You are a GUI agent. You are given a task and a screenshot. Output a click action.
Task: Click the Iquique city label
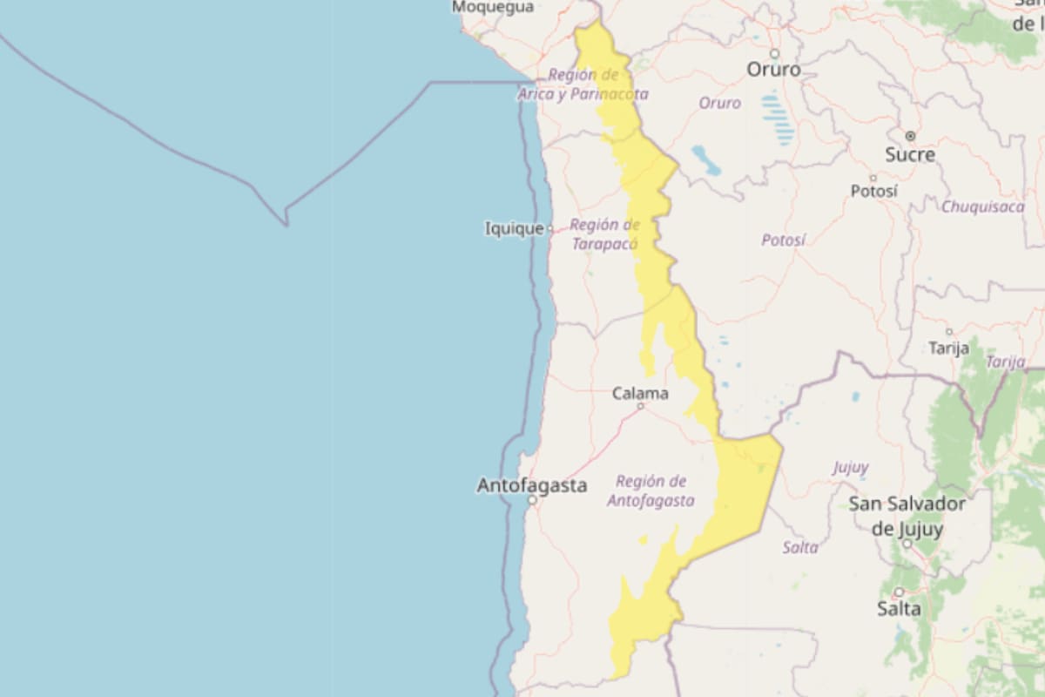(513, 229)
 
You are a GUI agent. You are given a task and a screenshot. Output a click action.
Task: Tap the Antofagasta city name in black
(531, 486)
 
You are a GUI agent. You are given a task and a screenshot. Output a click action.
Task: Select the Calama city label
(640, 394)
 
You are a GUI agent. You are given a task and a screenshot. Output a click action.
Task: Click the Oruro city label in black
(773, 69)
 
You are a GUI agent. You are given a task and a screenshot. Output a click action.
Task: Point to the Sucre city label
(910, 155)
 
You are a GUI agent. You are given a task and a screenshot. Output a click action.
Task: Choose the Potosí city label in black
(873, 191)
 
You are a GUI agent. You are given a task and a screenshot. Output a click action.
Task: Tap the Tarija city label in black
(948, 348)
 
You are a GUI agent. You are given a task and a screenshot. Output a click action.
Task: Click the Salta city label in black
(899, 608)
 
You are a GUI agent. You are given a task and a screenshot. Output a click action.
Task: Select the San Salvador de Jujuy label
(907, 517)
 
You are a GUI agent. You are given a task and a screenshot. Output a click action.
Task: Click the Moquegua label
(492, 7)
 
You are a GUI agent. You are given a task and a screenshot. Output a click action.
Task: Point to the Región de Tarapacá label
(604, 234)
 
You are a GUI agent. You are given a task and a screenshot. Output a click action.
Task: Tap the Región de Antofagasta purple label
(651, 491)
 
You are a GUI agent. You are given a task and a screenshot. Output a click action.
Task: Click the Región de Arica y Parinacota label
(583, 85)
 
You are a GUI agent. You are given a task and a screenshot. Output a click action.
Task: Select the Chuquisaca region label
(982, 207)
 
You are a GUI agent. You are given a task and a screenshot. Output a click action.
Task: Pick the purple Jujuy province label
(850, 468)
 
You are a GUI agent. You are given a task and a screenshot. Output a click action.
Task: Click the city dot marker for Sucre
(910, 136)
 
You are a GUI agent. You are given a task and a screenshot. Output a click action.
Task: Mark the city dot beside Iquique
(550, 229)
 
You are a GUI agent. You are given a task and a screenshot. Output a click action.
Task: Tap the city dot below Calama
(640, 406)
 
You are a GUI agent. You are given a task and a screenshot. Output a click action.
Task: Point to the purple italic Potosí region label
(783, 240)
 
